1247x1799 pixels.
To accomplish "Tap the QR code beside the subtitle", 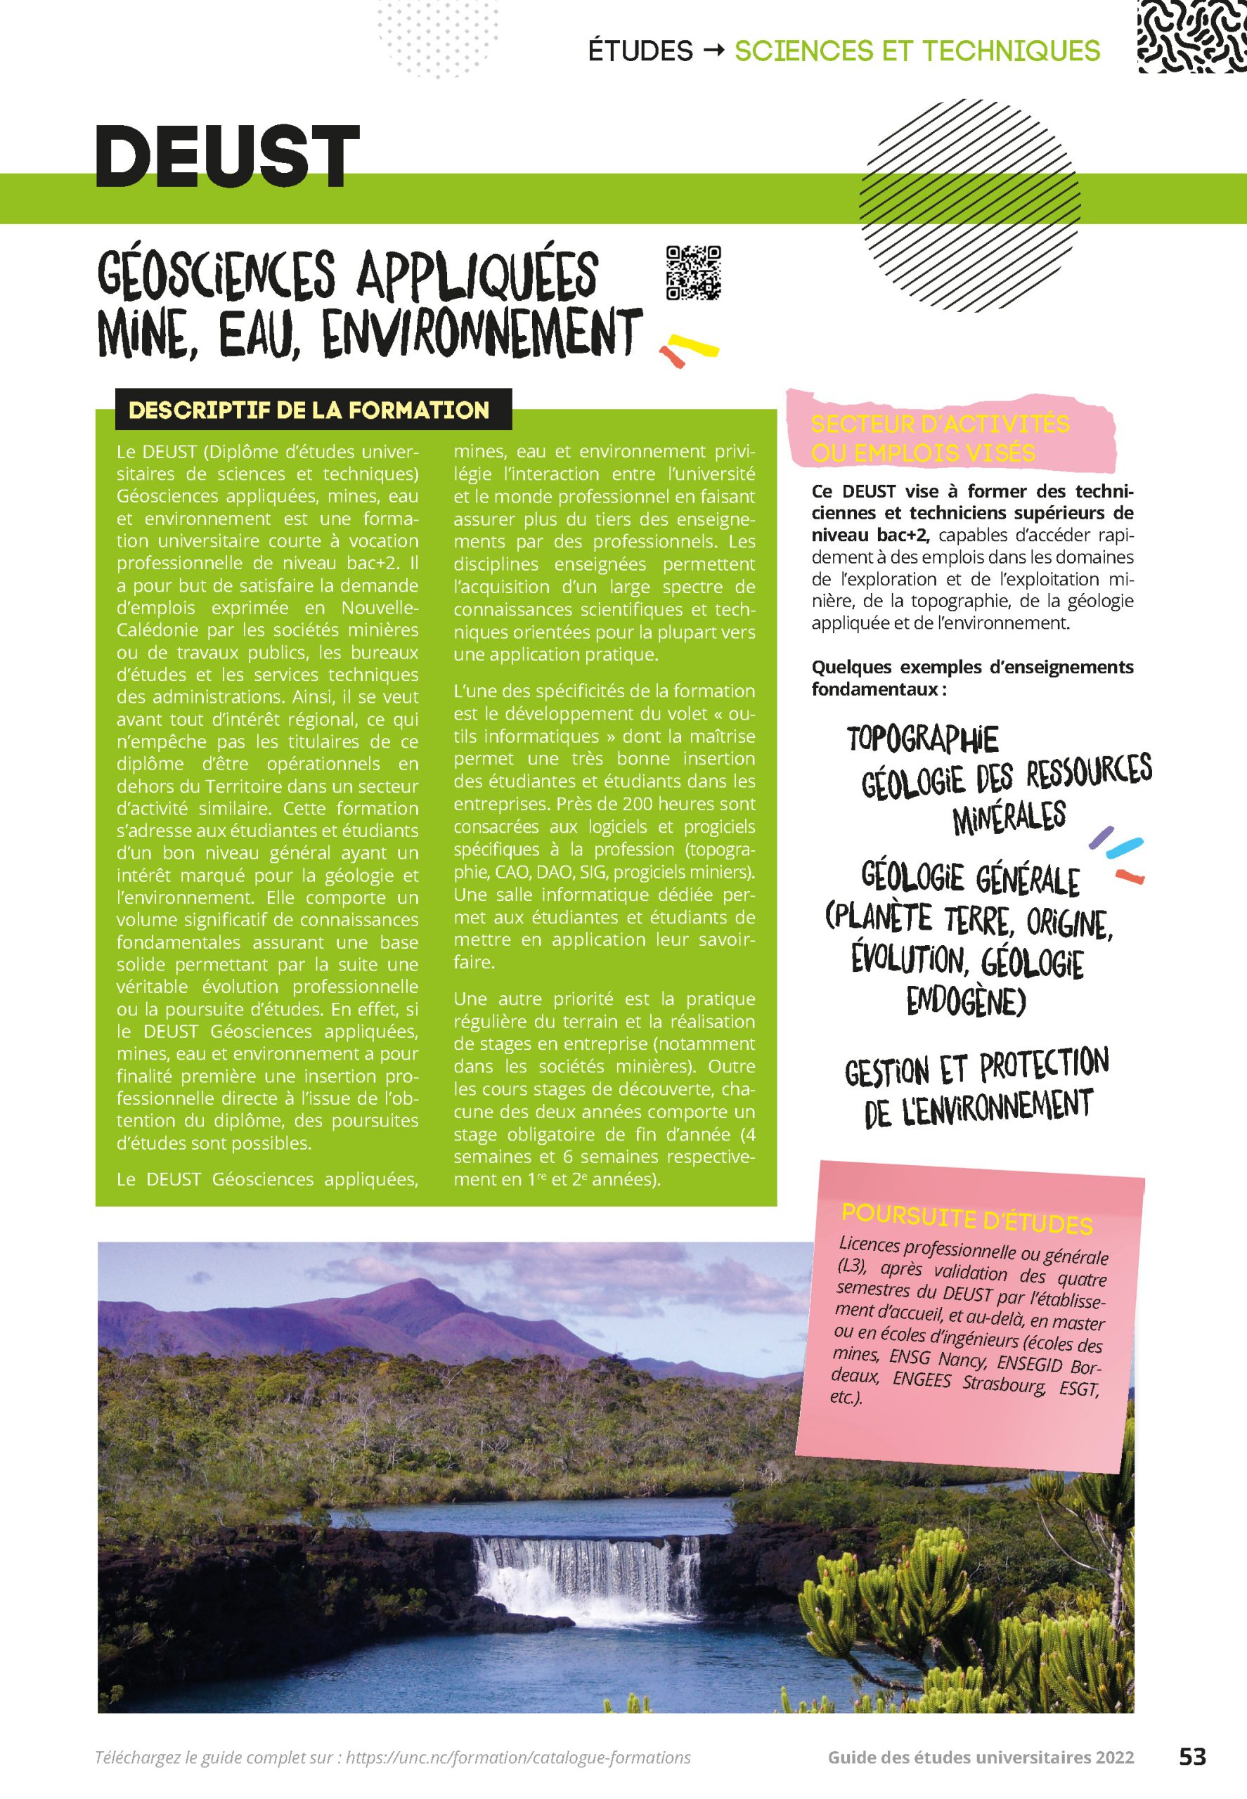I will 692,273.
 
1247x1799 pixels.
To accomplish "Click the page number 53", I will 1192,1757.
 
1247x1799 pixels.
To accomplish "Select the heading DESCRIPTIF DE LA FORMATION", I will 309,410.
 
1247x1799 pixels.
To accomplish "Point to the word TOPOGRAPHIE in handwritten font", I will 923,738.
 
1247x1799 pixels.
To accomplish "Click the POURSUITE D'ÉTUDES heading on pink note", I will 967,1219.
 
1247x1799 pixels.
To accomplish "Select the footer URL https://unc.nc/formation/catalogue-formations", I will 518,1758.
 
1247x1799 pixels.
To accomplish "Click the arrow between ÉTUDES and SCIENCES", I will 713,51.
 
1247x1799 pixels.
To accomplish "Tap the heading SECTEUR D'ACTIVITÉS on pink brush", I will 940,424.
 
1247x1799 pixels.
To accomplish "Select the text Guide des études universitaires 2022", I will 981,1758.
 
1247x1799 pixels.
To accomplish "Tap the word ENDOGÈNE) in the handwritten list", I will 966,1002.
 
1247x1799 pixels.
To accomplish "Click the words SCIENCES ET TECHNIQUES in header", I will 917,51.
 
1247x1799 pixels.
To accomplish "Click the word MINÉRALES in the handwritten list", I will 1009,817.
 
